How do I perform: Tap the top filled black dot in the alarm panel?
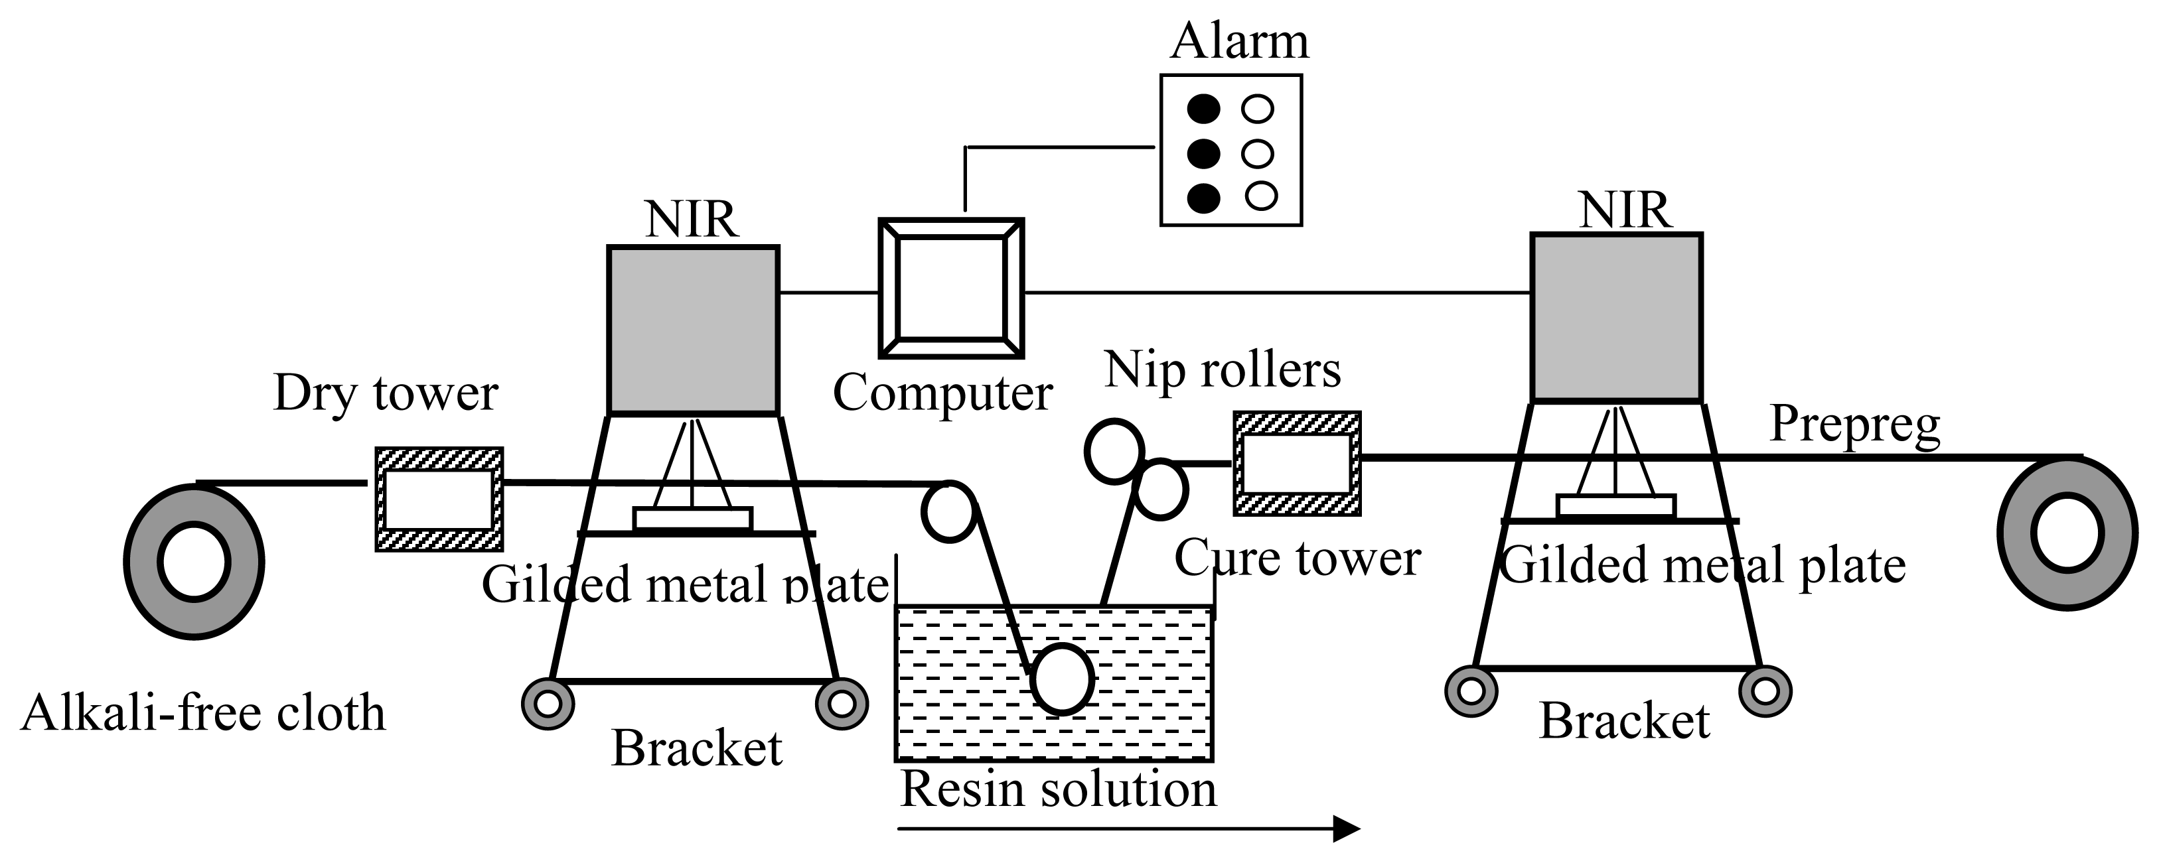click(x=1203, y=109)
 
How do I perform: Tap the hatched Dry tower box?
click(x=438, y=499)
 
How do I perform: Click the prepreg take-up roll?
click(x=2067, y=533)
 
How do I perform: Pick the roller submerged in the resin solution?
click(x=1063, y=679)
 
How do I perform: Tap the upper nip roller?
click(x=1114, y=452)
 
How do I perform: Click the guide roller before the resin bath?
click(x=950, y=511)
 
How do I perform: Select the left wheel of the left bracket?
click(x=548, y=704)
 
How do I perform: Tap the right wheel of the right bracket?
click(x=1765, y=691)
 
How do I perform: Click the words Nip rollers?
click(x=1222, y=369)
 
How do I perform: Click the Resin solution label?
click(x=1058, y=789)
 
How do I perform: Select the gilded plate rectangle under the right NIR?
click(x=1616, y=506)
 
